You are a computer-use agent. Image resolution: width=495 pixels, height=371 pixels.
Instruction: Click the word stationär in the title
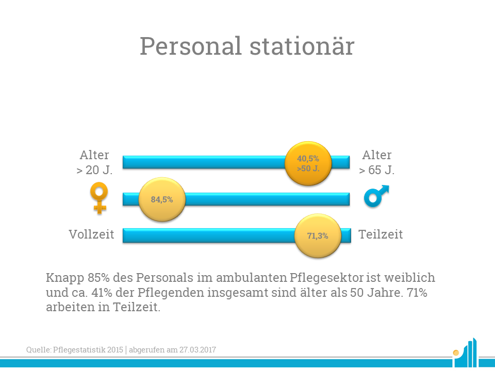pos(302,46)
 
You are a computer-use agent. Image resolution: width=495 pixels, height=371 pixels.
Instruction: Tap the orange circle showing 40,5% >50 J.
pos(308,163)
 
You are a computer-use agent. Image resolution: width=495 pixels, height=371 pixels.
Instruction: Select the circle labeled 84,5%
pos(162,199)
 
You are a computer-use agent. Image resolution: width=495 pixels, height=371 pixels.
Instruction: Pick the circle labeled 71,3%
pos(318,235)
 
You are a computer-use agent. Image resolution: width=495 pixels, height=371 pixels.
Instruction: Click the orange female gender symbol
pos(99,198)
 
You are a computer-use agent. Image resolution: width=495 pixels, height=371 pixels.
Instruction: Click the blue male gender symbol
pos(376,196)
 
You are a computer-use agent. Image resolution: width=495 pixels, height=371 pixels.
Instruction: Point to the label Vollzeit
pos(92,234)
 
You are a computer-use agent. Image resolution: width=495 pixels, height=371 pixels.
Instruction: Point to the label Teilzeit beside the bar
pos(381,234)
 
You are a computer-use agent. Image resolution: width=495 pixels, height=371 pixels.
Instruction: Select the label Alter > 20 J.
pos(94,162)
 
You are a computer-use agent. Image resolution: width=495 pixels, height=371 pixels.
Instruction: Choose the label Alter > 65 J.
pos(377,162)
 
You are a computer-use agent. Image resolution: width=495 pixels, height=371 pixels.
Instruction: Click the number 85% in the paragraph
pos(98,278)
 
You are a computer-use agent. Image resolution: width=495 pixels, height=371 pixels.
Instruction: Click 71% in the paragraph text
pos(417,293)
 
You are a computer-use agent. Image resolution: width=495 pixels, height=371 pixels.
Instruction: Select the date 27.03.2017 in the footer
pos(197,349)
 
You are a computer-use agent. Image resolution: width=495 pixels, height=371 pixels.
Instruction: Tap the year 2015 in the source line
pos(115,349)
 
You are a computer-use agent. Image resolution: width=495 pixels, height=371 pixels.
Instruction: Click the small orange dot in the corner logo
pos(455,352)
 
